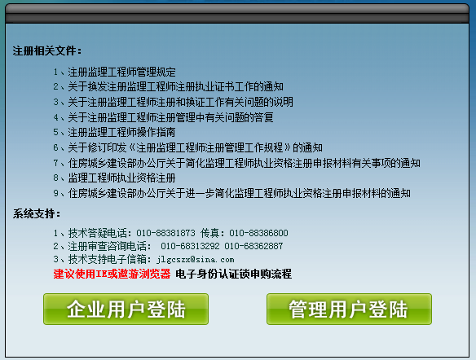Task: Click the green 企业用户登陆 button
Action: click(x=126, y=310)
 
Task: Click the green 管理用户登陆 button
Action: click(x=349, y=310)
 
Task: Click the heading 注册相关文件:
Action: click(x=47, y=50)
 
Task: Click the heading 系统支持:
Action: click(x=37, y=214)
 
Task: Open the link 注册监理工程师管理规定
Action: click(x=121, y=72)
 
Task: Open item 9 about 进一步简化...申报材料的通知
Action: click(x=239, y=193)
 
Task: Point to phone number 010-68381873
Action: click(x=165, y=233)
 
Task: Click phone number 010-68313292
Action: click(x=190, y=246)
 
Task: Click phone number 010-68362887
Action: click(x=253, y=246)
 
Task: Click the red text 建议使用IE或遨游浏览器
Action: click(x=112, y=274)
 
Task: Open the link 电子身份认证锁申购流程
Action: click(x=233, y=274)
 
